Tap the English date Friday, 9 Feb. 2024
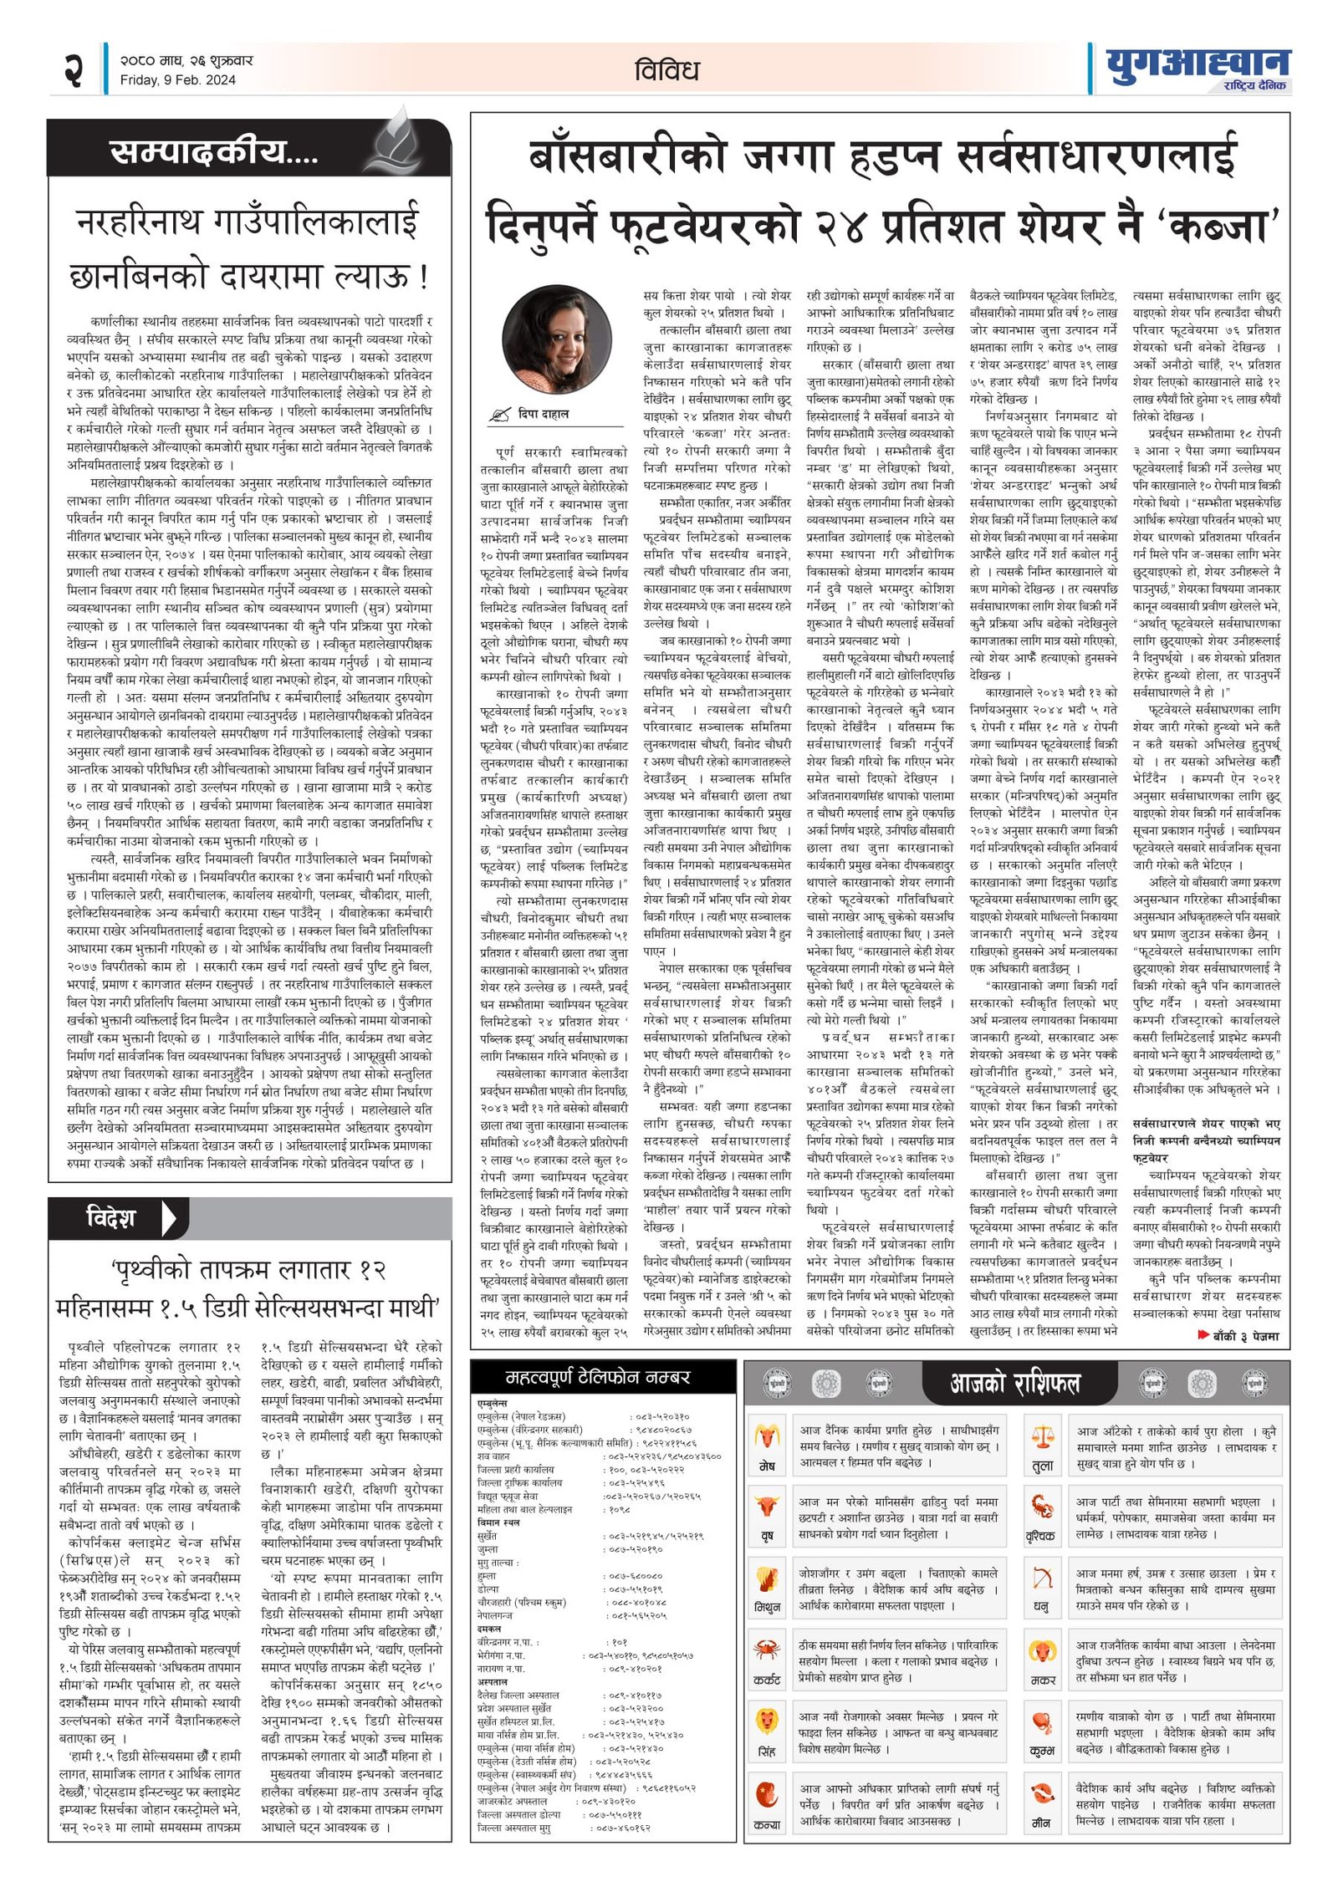[x=177, y=80]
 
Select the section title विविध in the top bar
[x=666, y=70]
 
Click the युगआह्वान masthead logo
[x=1198, y=63]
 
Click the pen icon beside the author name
[x=501, y=414]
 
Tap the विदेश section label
[x=110, y=1217]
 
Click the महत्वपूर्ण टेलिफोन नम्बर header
[x=598, y=1377]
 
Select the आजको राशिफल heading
[x=1014, y=1384]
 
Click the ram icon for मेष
[x=766, y=1437]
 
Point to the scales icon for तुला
[x=1042, y=1437]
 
